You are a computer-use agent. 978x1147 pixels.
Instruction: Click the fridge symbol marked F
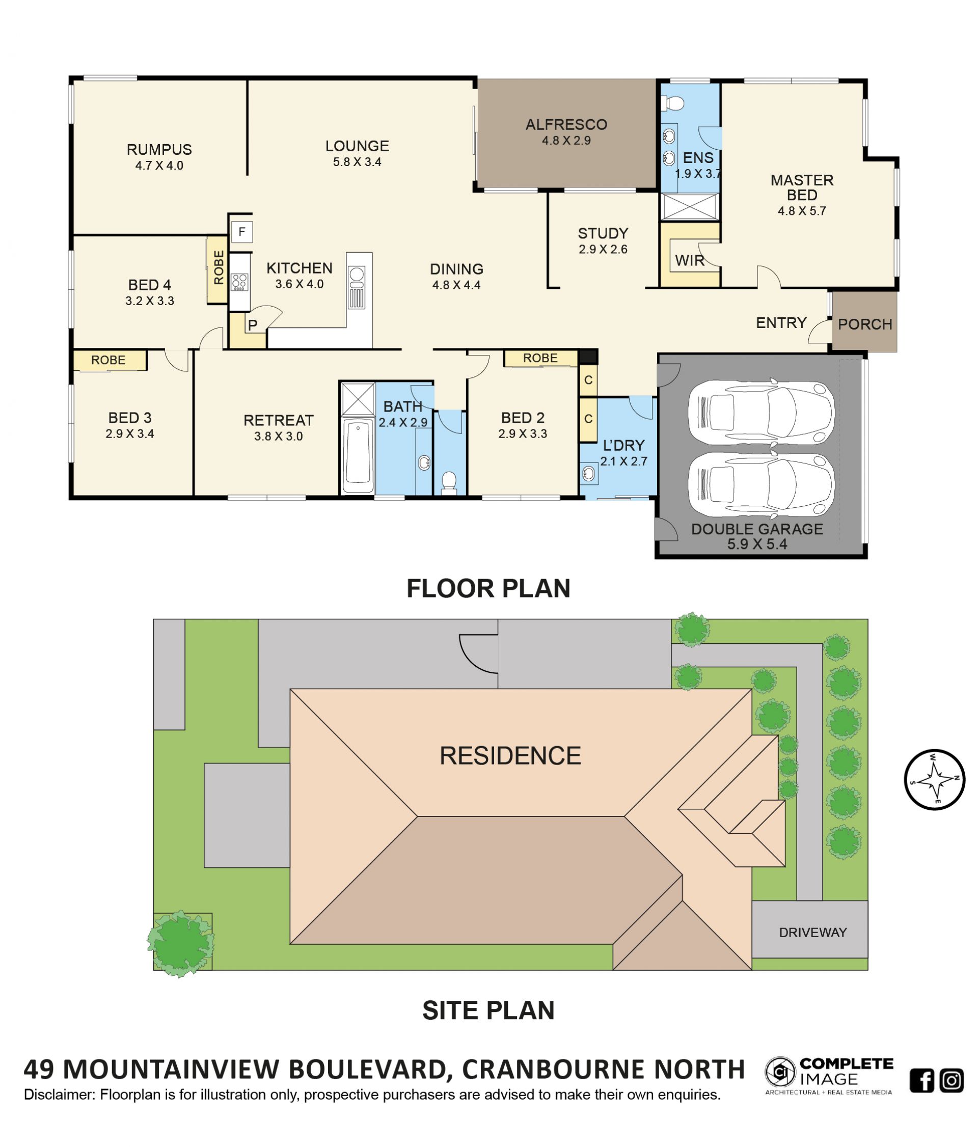pyautogui.click(x=242, y=232)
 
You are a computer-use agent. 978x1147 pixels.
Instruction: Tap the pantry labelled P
pyautogui.click(x=252, y=325)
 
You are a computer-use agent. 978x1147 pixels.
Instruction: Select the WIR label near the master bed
pyautogui.click(x=690, y=260)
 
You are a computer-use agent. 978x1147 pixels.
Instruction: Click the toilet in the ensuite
pyautogui.click(x=673, y=103)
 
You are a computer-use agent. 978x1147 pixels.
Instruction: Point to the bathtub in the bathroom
pyautogui.click(x=358, y=455)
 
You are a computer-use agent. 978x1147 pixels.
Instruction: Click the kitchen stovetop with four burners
pyautogui.click(x=239, y=282)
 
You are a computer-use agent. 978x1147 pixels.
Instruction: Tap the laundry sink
pyautogui.click(x=589, y=473)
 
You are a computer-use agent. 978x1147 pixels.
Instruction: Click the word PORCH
pyautogui.click(x=864, y=324)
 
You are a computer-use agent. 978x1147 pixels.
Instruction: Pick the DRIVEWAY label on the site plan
pyautogui.click(x=812, y=933)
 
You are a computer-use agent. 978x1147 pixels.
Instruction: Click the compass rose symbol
pyautogui.click(x=934, y=779)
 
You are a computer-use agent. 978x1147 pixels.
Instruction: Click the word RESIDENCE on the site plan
pyautogui.click(x=510, y=756)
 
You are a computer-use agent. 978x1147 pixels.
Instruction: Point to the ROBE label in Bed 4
pyautogui.click(x=219, y=268)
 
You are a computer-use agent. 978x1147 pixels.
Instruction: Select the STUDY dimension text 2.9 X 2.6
pyautogui.click(x=603, y=250)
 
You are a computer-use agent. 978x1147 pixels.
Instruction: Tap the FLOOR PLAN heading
pyautogui.click(x=488, y=588)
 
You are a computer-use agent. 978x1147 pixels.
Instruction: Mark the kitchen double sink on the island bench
pyautogui.click(x=357, y=287)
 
